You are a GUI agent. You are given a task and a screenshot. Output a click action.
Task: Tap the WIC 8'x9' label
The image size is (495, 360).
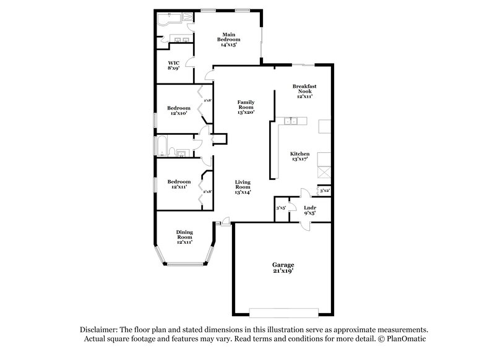click(174, 65)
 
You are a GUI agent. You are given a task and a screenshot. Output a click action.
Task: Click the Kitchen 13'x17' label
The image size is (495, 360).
click(300, 156)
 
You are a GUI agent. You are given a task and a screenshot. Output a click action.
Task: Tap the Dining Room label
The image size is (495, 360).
click(185, 237)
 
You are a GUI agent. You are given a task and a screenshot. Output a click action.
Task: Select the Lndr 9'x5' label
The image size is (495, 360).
click(310, 210)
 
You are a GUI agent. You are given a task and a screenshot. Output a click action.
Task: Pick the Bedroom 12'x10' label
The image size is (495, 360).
click(179, 111)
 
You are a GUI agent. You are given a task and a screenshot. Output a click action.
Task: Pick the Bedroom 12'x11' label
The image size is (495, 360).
click(179, 184)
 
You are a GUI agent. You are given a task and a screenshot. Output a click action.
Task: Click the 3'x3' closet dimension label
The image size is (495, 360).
click(281, 208)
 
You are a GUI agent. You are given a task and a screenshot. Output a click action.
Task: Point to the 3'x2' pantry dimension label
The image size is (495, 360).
click(324, 191)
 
